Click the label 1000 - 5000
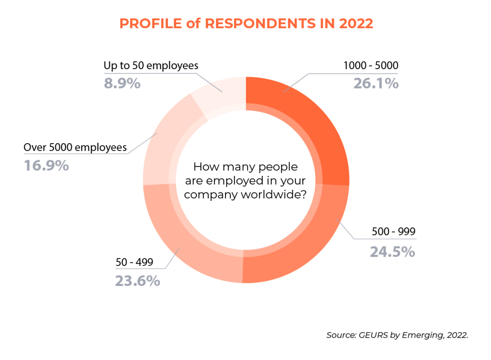tap(371, 66)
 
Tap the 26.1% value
tap(376, 83)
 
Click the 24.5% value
tap(392, 251)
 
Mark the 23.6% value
tap(137, 280)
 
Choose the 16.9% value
tap(46, 165)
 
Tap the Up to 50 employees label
tap(151, 66)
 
